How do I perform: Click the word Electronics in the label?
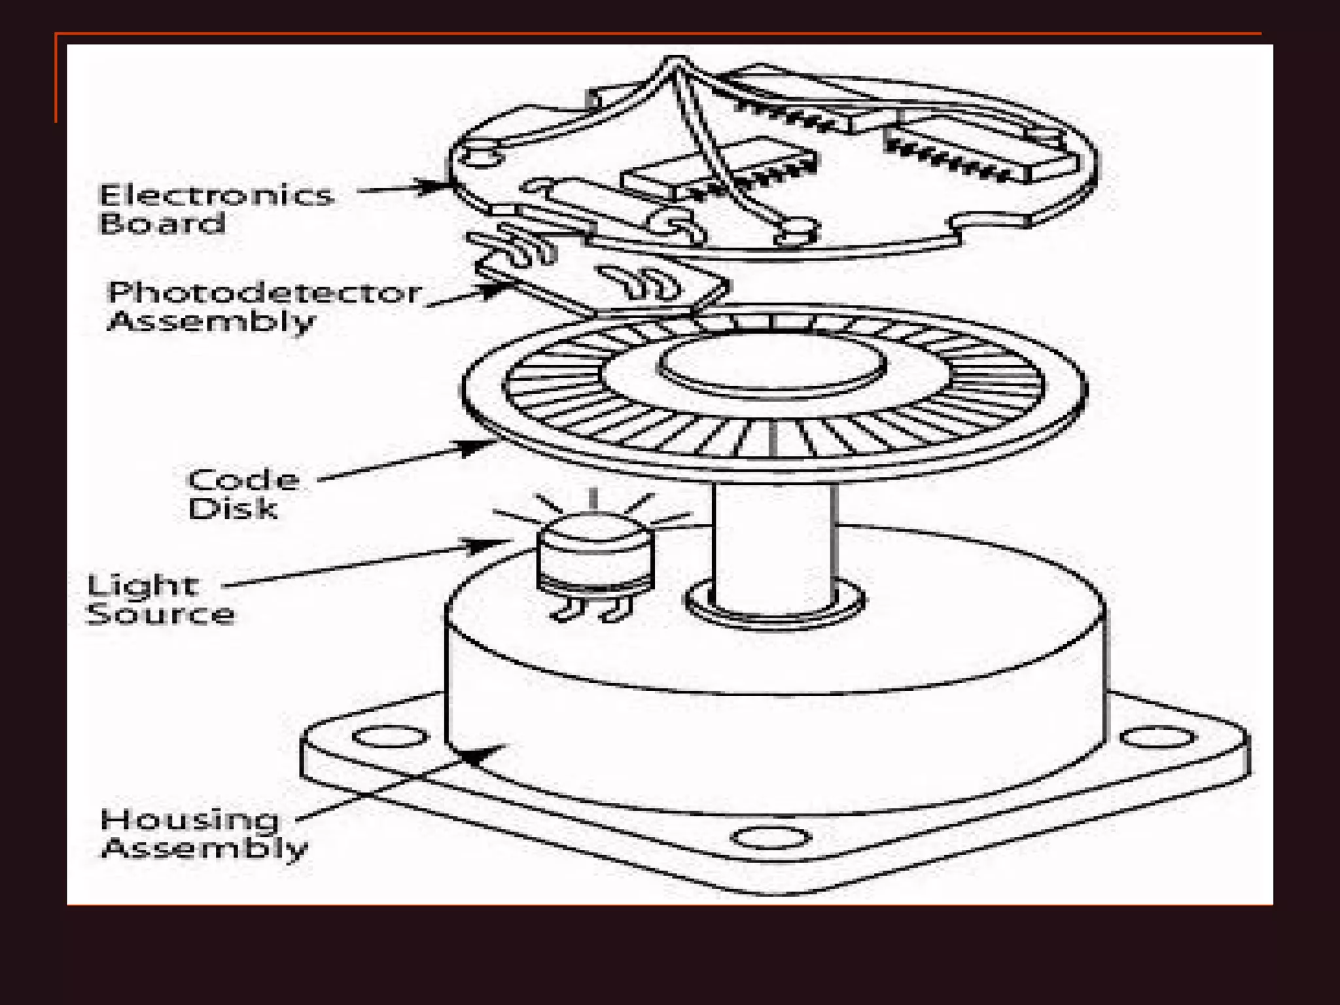tap(216, 195)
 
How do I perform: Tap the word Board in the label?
tap(162, 223)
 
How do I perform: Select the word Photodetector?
tap(264, 292)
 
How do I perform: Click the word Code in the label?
tap(243, 480)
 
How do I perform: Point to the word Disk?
tap(232, 508)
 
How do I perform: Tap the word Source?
tap(160, 614)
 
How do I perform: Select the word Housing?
tap(189, 820)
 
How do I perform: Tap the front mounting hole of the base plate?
tap(770, 837)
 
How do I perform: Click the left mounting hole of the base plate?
tap(390, 737)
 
